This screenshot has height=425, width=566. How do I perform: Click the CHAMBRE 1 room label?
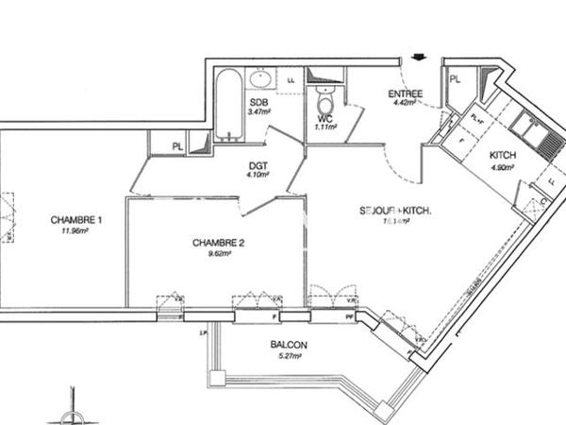pos(76,219)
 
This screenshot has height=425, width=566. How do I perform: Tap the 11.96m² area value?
pos(76,229)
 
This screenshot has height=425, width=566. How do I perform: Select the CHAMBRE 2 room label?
pos(219,243)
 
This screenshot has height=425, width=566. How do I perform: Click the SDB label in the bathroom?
pos(257,102)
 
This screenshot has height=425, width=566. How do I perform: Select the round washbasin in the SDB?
pos(260,79)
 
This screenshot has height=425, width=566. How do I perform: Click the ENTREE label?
pos(407,93)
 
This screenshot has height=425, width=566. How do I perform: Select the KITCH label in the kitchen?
pos(502,157)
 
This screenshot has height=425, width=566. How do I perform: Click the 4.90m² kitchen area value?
pos(502,168)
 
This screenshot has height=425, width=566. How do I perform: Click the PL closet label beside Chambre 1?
pos(177,145)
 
